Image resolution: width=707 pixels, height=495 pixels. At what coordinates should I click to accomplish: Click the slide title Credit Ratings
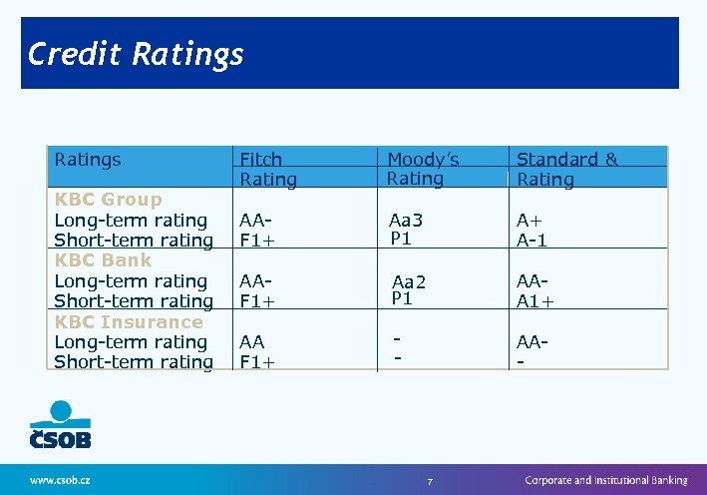(136, 53)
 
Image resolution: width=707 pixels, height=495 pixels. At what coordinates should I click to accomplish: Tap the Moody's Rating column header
(423, 169)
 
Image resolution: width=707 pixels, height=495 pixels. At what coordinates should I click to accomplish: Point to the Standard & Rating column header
(566, 169)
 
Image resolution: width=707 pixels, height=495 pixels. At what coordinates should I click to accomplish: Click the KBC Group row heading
(108, 200)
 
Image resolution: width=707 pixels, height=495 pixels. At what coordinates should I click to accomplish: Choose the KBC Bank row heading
(103, 260)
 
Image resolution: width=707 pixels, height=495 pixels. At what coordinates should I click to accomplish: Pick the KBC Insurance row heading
(129, 321)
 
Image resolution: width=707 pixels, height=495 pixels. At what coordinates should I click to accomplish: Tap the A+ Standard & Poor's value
(530, 221)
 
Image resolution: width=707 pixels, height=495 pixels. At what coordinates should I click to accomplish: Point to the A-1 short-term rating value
(531, 241)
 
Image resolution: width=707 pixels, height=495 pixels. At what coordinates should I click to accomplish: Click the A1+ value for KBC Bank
(535, 301)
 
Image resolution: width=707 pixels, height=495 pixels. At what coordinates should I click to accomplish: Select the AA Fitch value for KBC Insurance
(251, 341)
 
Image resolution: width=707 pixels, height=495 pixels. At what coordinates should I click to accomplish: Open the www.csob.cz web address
(60, 480)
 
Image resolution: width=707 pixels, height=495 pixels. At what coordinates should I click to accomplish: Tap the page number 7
(430, 482)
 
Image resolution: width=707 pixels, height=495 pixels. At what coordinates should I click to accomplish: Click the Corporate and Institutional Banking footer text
(606, 480)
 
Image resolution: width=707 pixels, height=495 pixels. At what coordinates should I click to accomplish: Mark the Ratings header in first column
(88, 160)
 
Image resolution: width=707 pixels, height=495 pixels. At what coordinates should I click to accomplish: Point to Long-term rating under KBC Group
(131, 221)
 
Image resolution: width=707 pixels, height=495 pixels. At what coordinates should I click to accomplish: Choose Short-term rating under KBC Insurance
(134, 361)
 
